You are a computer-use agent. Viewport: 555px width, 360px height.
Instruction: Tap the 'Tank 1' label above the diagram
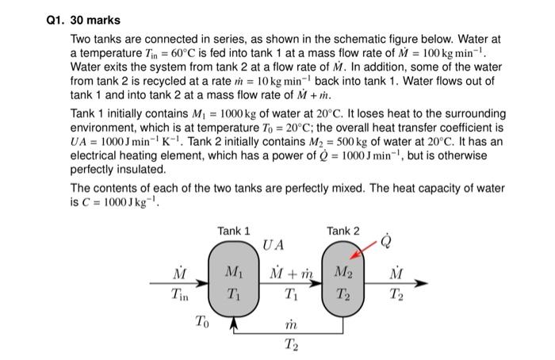coord(233,231)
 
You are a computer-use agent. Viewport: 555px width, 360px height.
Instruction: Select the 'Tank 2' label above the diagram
coord(343,231)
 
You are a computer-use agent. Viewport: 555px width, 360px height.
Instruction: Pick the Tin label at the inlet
coord(181,292)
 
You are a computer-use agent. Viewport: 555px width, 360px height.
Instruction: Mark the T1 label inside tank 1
coord(233,292)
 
